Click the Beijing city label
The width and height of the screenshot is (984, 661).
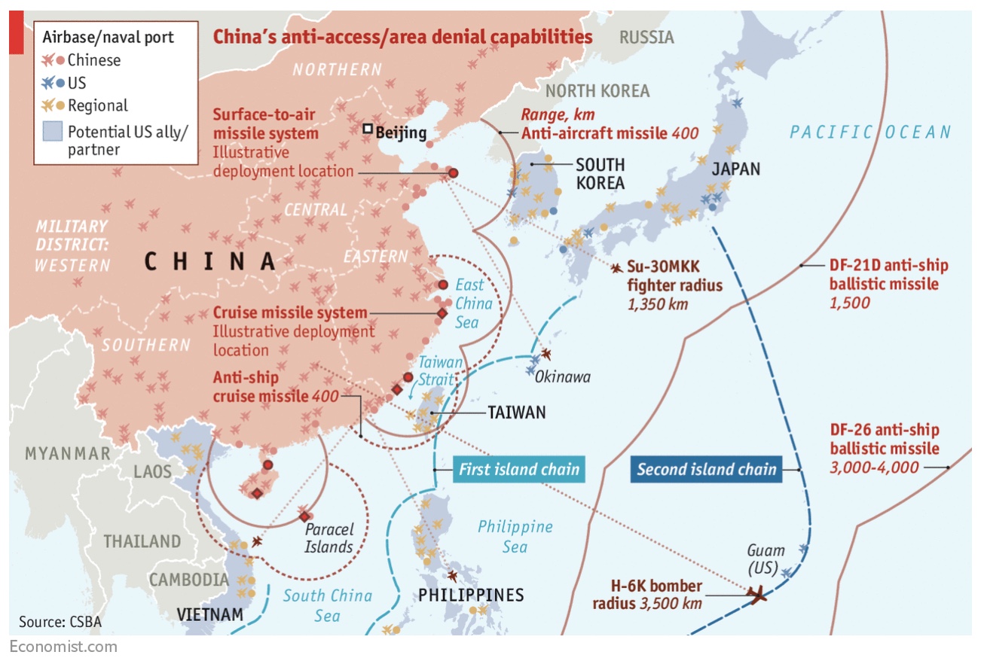401,134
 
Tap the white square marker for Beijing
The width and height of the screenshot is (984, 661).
368,129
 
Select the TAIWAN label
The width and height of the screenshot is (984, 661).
516,413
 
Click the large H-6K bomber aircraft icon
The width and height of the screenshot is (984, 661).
756,595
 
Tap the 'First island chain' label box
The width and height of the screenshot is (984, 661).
519,470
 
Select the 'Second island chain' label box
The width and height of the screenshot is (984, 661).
706,470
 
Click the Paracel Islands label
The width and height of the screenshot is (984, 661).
329,538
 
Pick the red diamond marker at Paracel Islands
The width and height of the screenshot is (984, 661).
304,516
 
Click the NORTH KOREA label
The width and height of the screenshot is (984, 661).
597,91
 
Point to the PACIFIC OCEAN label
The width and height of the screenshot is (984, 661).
870,133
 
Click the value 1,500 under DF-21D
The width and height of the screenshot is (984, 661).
849,303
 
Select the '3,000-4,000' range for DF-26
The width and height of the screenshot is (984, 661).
874,468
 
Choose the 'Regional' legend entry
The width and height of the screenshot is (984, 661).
97,105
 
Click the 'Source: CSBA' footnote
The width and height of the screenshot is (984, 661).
60,622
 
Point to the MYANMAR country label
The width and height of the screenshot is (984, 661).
68,453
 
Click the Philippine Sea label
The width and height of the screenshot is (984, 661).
515,536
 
